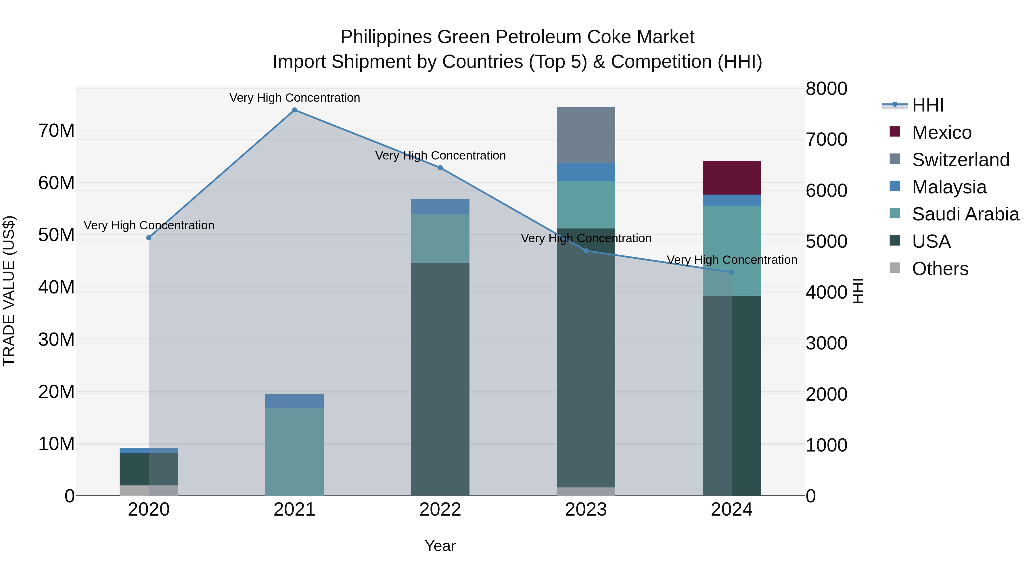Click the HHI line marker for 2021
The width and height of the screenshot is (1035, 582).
294,110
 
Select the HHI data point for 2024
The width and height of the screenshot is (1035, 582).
732,272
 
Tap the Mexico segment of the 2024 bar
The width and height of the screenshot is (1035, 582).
732,178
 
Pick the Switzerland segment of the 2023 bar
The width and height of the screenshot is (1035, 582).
586,135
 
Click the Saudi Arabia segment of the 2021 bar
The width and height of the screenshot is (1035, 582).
294,452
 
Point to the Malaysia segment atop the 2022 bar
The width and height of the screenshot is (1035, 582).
440,206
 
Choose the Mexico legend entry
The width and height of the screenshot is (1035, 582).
941,132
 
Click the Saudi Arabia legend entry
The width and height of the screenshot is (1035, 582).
965,214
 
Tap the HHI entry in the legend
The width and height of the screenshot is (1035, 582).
928,105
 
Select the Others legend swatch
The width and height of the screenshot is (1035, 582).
895,268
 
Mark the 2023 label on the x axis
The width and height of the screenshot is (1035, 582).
586,510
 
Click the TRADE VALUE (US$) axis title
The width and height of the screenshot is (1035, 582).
9,291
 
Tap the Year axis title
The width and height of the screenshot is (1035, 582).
440,546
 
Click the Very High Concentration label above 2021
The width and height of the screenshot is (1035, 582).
294,98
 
